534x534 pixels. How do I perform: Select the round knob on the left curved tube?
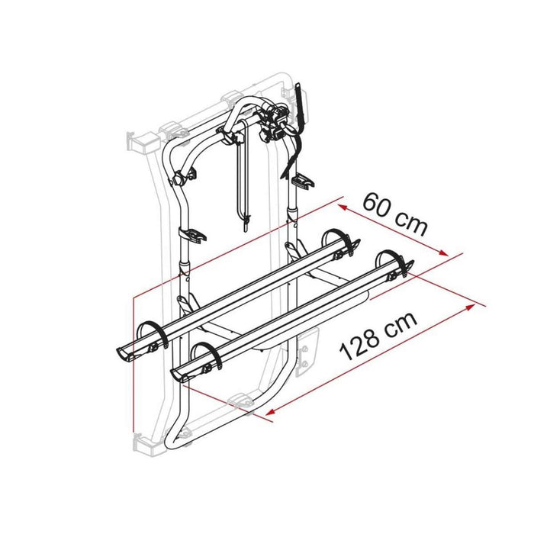[179, 181]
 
